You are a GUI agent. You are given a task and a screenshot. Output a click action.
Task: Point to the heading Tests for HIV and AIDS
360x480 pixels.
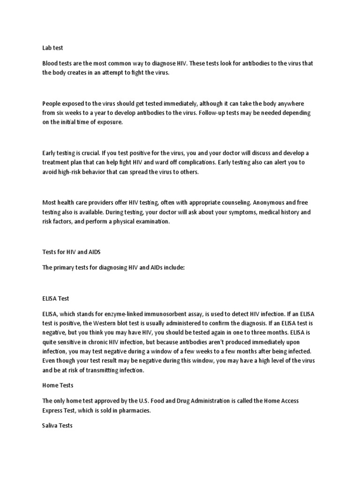[71, 252]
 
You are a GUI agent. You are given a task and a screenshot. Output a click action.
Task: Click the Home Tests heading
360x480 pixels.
[58, 385]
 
